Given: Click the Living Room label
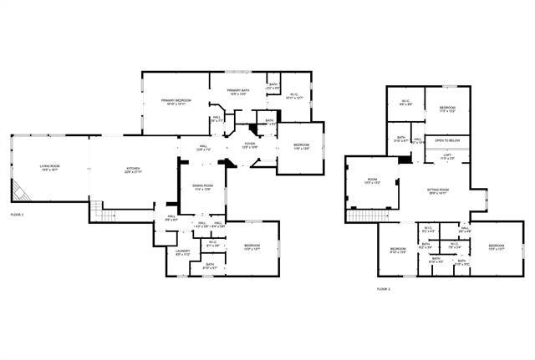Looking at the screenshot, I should click(x=49, y=168).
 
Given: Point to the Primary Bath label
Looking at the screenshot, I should click(x=238, y=92).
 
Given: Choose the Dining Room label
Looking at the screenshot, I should click(x=203, y=187).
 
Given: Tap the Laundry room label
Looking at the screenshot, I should click(x=182, y=252).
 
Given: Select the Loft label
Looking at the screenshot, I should click(x=447, y=156).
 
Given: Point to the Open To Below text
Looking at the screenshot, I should click(x=448, y=141).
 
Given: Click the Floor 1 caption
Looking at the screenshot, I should click(x=18, y=215).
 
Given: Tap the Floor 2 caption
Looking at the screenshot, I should click(x=384, y=289).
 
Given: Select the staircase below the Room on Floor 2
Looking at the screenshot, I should click(x=362, y=216).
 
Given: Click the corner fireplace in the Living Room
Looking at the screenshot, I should click(x=24, y=193).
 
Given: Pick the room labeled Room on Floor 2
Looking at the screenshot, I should click(x=372, y=183).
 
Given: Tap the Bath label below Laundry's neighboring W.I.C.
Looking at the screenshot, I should click(x=210, y=267).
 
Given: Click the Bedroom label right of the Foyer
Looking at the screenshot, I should click(x=302, y=148).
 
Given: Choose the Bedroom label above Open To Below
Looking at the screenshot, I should click(x=448, y=109).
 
